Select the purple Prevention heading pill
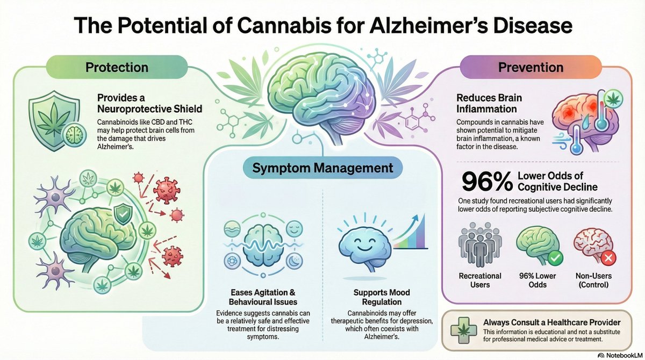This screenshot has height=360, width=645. pos(531,68)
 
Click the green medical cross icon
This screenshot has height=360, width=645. pos(460,329)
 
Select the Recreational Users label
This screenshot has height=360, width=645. pos(480,280)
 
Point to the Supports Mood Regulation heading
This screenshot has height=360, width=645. pos(381,297)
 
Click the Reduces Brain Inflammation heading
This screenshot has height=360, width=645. pos(489,103)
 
